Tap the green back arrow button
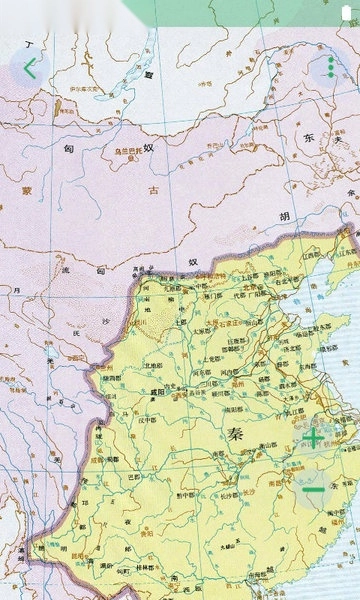29,69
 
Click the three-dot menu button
330,70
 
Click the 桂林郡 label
147,568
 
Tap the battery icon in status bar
347,11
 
